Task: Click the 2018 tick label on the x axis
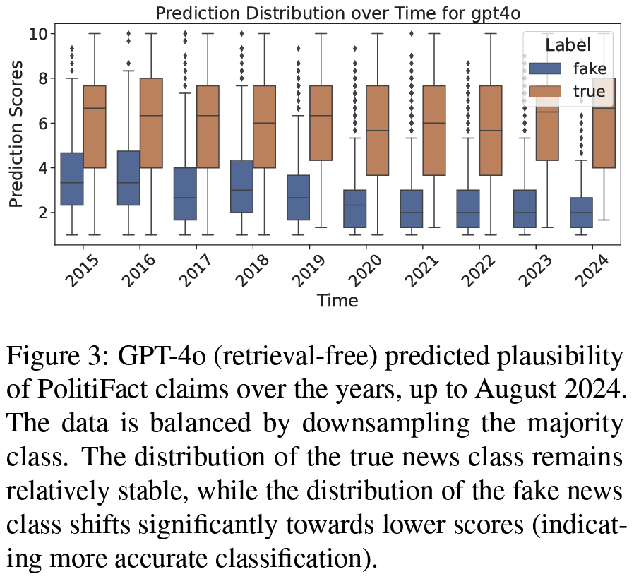point(252,272)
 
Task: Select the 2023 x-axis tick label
point(536,272)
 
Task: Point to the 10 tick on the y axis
point(40,33)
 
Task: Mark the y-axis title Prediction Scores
point(16,135)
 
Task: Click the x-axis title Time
point(337,301)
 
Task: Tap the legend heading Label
point(568,44)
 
